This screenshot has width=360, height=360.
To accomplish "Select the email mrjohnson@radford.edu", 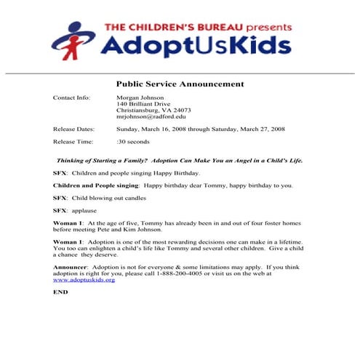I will pos(151,116).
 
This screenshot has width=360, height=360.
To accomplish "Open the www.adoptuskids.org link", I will pos(84,279).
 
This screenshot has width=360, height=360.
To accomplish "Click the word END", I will pos(60,292).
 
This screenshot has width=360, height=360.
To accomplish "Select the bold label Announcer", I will pos(71,267).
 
